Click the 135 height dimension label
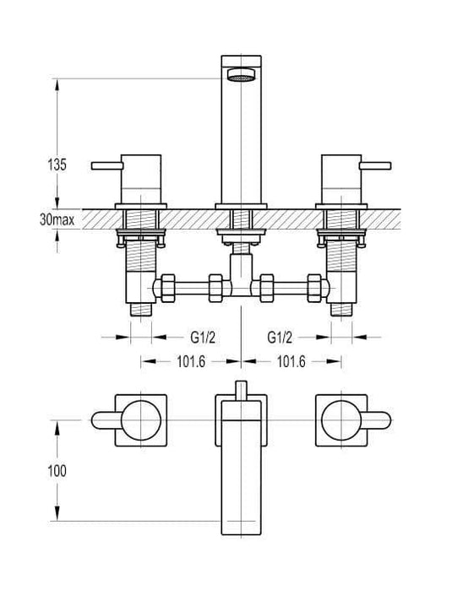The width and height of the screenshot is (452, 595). pos(57,165)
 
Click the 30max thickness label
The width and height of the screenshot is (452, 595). pos(57,219)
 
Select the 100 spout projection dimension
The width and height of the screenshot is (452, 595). pos(57,471)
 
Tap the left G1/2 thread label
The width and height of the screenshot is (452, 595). pos(203,337)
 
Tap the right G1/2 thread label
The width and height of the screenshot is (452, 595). pos(280,337)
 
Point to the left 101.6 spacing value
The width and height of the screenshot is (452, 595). pos(191,361)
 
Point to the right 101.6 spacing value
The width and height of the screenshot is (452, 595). pos(291,361)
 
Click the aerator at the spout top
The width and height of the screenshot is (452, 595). pos(241,75)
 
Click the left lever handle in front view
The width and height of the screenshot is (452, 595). pos(107,165)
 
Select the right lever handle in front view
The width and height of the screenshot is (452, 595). pos(375,165)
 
